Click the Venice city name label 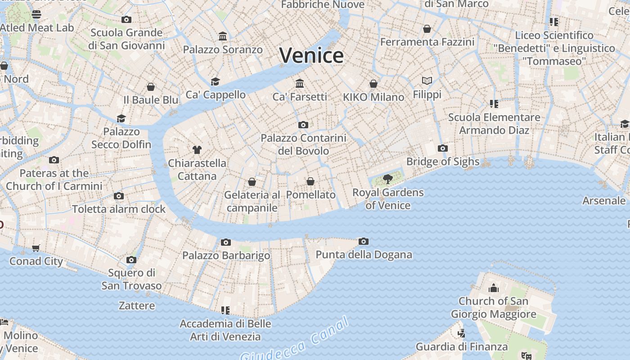pyautogui.click(x=311, y=56)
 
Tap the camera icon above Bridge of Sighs pyautogui.click(x=442, y=148)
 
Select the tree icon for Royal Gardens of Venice pyautogui.click(x=387, y=180)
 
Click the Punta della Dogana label pyautogui.click(x=364, y=255)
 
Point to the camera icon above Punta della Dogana pyautogui.click(x=364, y=242)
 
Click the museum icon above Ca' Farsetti pyautogui.click(x=300, y=83)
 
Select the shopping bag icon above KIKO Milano pyautogui.click(x=373, y=84)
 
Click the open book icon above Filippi pyautogui.click(x=427, y=81)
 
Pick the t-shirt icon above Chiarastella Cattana pyautogui.click(x=197, y=150)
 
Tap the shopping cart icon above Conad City pyautogui.click(x=36, y=248)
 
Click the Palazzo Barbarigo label pyautogui.click(x=226, y=256)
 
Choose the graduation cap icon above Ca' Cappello pyautogui.click(x=216, y=81)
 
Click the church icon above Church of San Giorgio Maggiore pyautogui.click(x=494, y=288)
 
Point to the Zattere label pyautogui.click(x=137, y=306)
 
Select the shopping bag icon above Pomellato pyautogui.click(x=310, y=181)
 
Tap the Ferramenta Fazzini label pyautogui.click(x=427, y=42)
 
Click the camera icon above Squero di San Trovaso pyautogui.click(x=131, y=260)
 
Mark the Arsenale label pyautogui.click(x=604, y=201)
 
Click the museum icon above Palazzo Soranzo pyautogui.click(x=223, y=36)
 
